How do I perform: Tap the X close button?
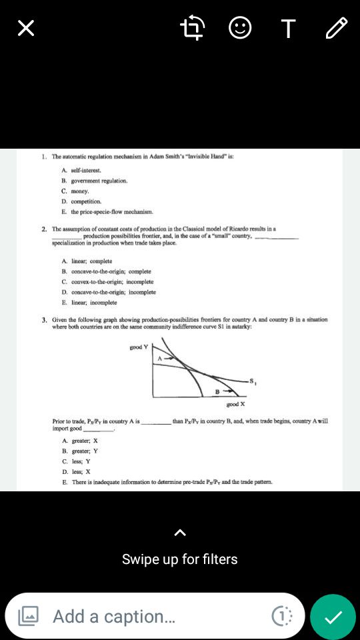pyautogui.click(x=25, y=28)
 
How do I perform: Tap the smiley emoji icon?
pyautogui.click(x=240, y=28)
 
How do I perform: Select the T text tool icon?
pyautogui.click(x=288, y=28)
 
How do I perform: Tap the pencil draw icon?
pyautogui.click(x=337, y=28)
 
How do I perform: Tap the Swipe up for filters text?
pyautogui.click(x=179, y=559)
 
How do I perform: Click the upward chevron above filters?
pyautogui.click(x=179, y=532)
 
